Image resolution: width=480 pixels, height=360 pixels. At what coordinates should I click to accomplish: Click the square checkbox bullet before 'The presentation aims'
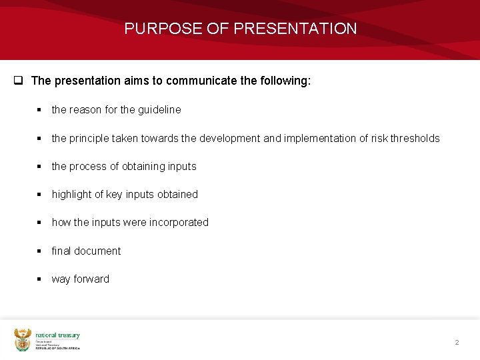[x=19, y=81]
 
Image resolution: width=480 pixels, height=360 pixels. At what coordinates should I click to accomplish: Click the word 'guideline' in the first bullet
[x=159, y=109]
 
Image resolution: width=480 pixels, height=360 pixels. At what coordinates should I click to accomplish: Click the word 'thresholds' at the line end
[x=414, y=138]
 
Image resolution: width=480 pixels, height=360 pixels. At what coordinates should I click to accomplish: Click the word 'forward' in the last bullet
[x=91, y=279]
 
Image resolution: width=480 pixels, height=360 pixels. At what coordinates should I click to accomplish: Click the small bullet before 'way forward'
[x=39, y=279]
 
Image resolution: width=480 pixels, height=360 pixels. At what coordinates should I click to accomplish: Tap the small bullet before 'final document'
[x=39, y=251]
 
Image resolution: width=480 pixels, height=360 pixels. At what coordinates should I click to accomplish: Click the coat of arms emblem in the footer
[x=23, y=339]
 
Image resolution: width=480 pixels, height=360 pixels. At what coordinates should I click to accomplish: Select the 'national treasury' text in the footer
[x=57, y=335]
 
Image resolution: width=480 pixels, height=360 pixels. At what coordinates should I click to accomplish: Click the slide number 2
[x=457, y=342]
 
